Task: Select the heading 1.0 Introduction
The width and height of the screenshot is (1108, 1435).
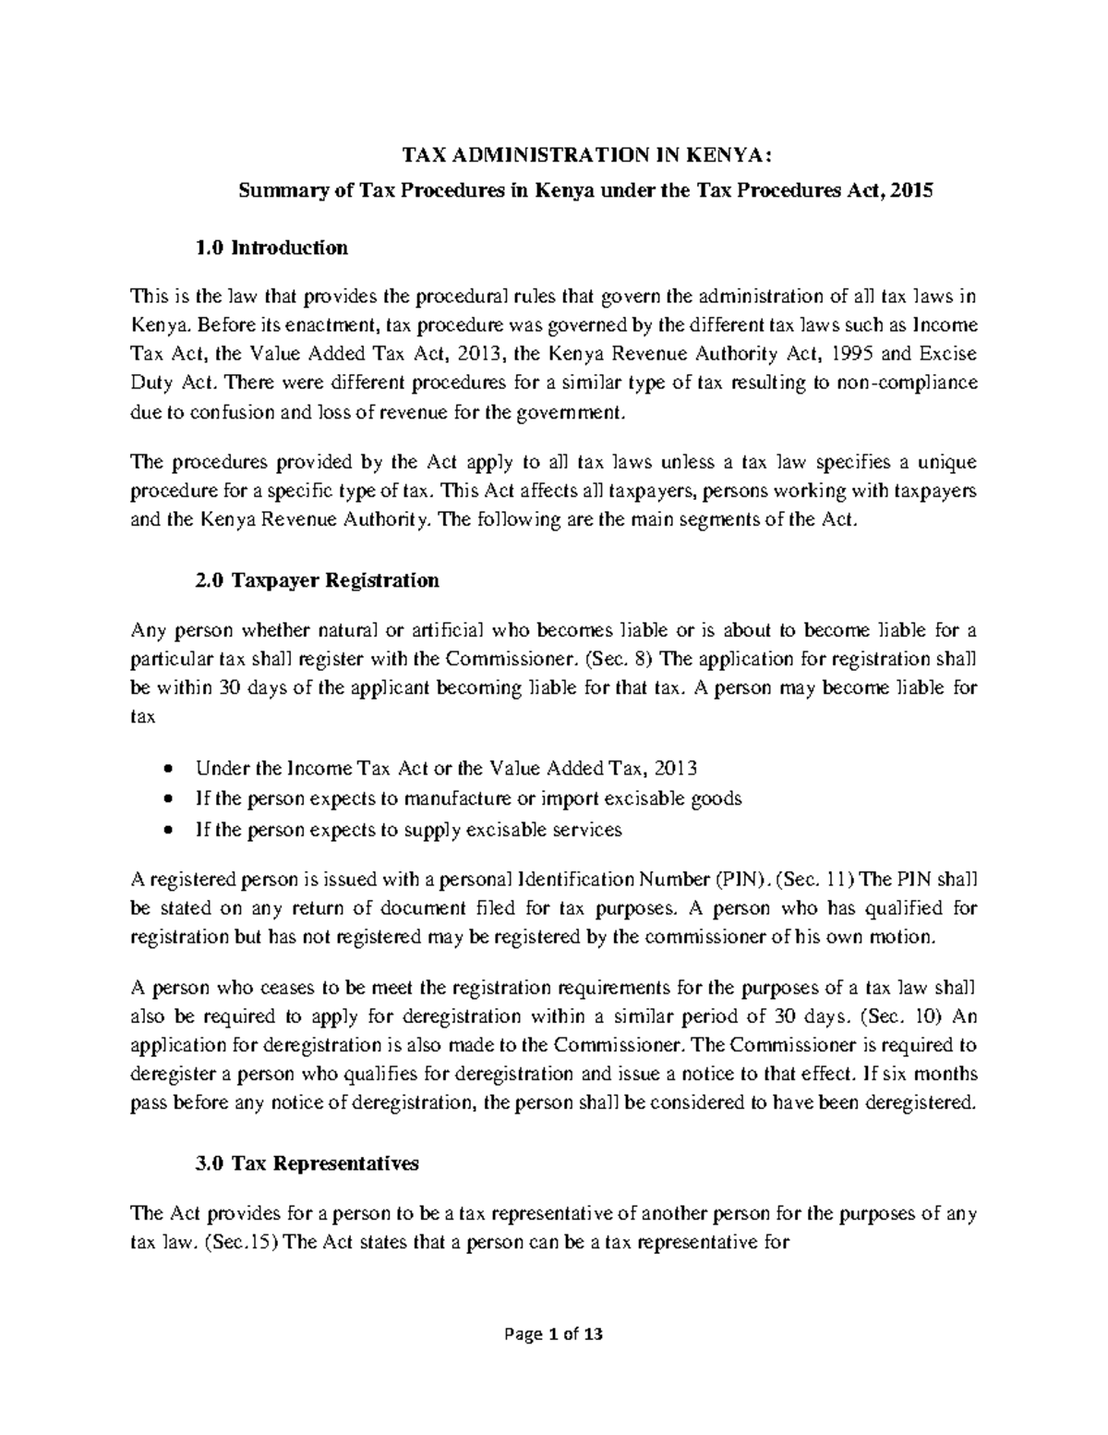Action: coord(271,248)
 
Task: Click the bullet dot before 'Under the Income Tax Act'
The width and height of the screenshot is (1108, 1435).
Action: coord(166,770)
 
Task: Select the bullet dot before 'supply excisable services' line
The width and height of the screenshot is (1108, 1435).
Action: coord(166,831)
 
